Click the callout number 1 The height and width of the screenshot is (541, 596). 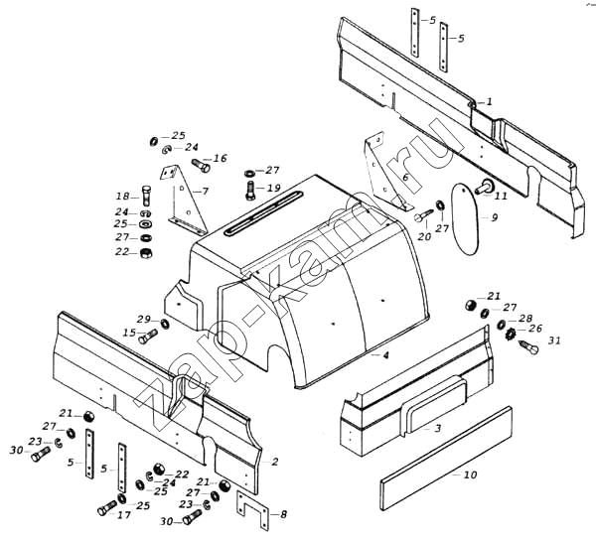click(x=490, y=101)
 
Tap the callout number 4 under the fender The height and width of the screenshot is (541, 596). click(x=385, y=355)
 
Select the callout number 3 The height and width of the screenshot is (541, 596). click(x=438, y=428)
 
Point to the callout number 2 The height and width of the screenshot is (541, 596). click(x=275, y=462)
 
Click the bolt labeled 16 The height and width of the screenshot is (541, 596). click(x=201, y=165)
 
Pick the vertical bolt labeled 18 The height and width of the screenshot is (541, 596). click(x=147, y=195)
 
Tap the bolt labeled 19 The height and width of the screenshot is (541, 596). click(x=250, y=190)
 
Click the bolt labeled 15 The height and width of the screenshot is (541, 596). click(x=148, y=336)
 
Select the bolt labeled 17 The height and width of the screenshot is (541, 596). click(x=107, y=507)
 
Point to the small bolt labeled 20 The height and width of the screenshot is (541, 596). click(x=424, y=215)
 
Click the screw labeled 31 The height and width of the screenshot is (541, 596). click(x=528, y=346)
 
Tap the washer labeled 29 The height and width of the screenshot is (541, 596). click(x=165, y=325)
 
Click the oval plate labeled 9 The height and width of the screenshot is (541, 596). click(x=464, y=219)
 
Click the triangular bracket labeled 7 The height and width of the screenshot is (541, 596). click(x=183, y=200)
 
